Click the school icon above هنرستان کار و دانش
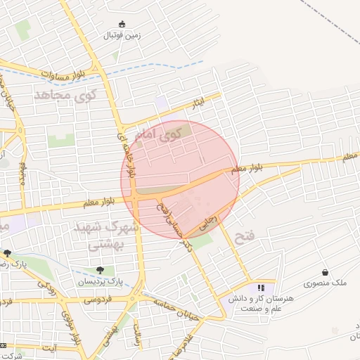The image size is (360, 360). click(261, 288)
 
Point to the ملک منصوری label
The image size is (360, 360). click(325, 283)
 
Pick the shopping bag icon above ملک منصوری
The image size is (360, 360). click(325, 273)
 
